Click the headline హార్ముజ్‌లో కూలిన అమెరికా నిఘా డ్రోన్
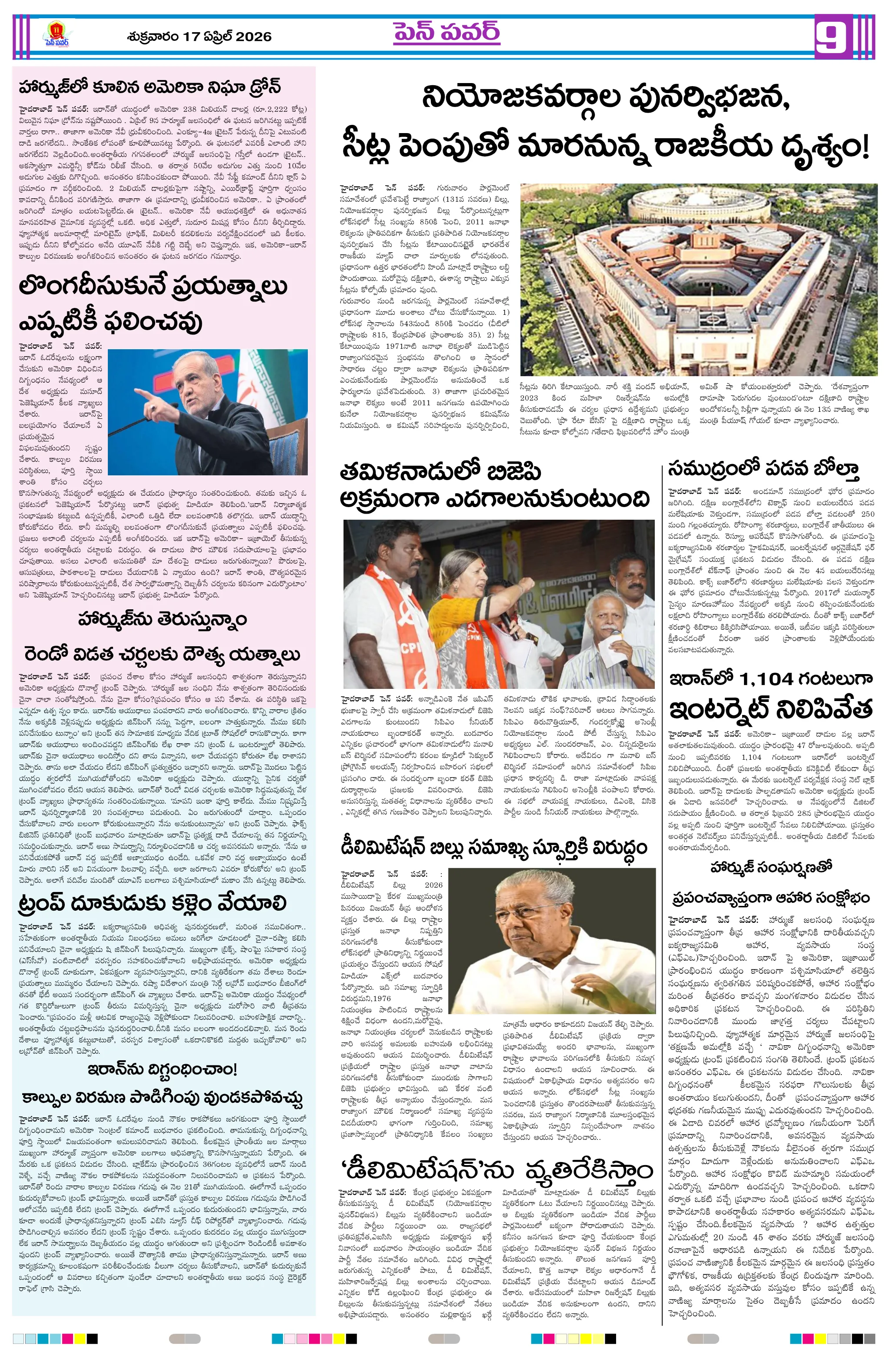pyautogui.click(x=149, y=88)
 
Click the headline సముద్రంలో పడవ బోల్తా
pyautogui.click(x=764, y=468)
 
